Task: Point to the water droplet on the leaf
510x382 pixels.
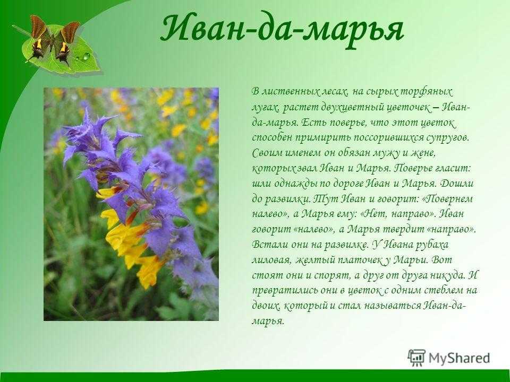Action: pos(86,56)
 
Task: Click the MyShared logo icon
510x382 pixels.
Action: pos(417,357)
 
